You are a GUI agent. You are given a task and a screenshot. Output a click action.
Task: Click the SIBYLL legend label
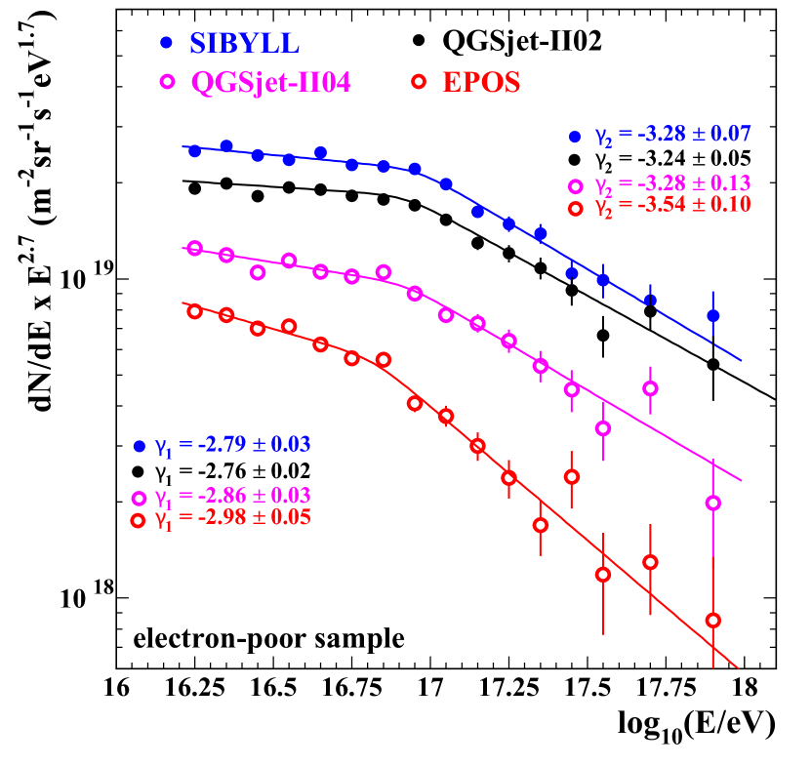coord(244,43)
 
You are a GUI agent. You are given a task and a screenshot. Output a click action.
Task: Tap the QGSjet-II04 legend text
coord(270,83)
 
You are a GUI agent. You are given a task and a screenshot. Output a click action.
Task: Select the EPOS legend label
coord(481,83)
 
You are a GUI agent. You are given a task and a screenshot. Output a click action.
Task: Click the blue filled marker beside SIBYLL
coord(166,43)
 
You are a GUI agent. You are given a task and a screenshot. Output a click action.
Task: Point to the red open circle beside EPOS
coord(419,82)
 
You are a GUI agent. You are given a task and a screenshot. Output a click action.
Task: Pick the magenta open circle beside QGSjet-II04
coord(167,82)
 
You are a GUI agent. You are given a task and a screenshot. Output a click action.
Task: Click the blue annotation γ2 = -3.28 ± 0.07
coord(672,135)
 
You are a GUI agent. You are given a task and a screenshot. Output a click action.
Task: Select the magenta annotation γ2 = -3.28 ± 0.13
coord(672,184)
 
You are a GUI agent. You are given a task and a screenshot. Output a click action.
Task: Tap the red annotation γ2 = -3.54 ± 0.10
coord(672,205)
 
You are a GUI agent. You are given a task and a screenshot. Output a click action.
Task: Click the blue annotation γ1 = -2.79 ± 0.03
coord(232,445)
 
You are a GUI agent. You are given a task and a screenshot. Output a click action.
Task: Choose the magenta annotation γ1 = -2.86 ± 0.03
coord(232,496)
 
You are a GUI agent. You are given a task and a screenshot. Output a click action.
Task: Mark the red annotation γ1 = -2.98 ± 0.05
coord(232,517)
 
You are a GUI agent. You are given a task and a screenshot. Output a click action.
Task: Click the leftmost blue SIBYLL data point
coord(195,151)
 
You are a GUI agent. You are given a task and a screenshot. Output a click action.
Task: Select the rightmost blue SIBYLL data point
coord(713,316)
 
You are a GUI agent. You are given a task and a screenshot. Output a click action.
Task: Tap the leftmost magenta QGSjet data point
coord(194,248)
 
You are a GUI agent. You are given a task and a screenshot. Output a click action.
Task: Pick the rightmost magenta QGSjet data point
coord(713,503)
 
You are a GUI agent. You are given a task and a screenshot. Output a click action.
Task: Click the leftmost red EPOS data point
coord(194,311)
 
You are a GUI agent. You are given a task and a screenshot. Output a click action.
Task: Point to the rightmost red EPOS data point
coord(713,620)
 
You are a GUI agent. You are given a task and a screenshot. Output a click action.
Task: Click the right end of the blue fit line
coord(742,360)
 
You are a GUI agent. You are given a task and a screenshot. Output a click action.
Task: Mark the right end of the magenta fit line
coord(743,481)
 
